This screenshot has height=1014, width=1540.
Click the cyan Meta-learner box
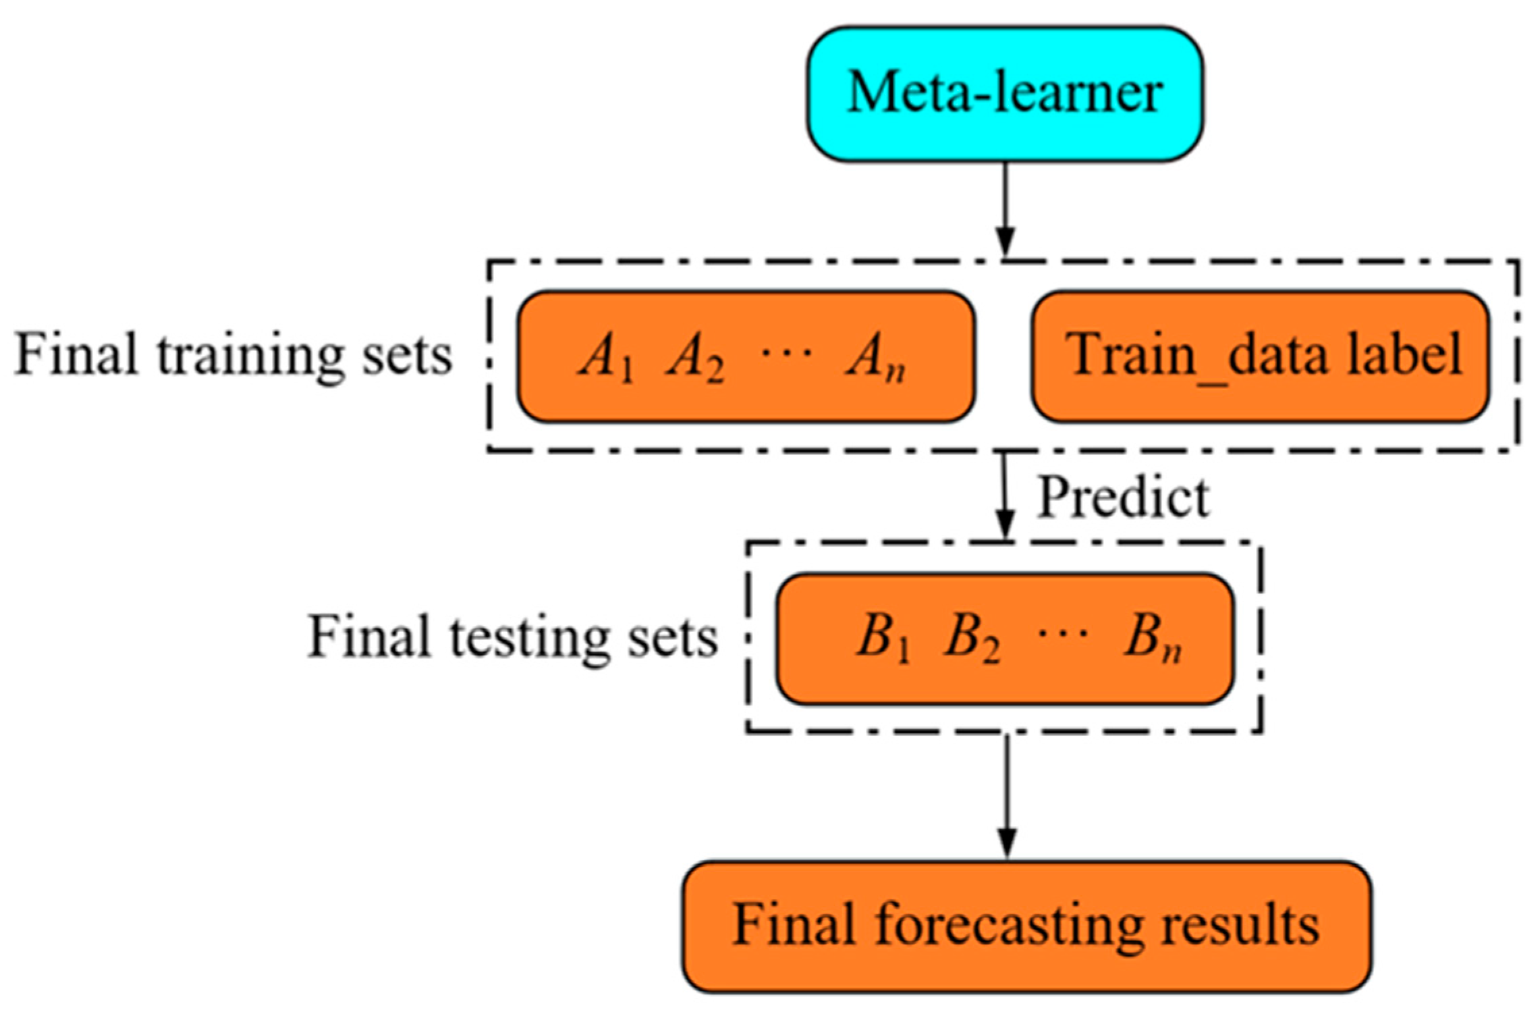[x=1004, y=94]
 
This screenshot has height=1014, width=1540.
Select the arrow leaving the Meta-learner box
[x=1006, y=209]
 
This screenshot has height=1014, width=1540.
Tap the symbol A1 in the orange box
[x=606, y=358]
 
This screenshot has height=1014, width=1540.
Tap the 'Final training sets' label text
[x=233, y=354]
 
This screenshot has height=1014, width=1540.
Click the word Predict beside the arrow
[x=1123, y=498]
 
